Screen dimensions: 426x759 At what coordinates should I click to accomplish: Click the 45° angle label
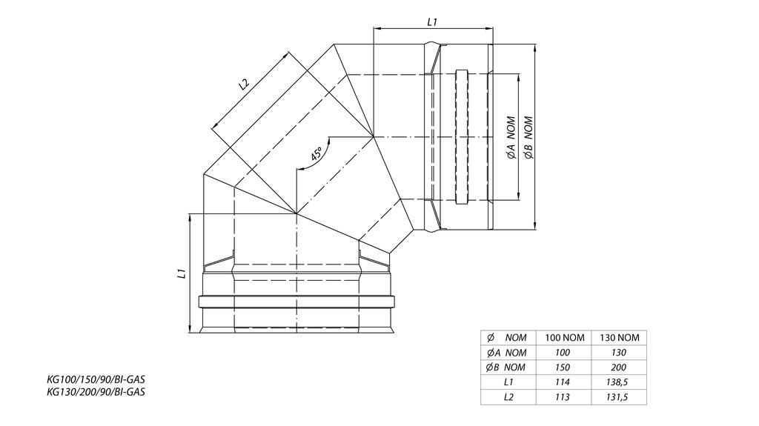(x=316, y=155)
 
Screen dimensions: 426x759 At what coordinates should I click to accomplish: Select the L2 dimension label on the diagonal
(x=244, y=84)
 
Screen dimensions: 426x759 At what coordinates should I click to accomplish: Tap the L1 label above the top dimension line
(x=433, y=22)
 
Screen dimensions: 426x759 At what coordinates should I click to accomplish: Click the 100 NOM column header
(x=565, y=338)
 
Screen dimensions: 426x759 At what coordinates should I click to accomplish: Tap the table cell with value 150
(x=565, y=367)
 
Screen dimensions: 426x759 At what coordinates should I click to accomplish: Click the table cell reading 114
(x=565, y=382)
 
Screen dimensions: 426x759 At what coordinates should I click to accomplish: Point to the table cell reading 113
(x=565, y=397)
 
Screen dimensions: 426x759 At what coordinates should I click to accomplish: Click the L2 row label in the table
(x=508, y=397)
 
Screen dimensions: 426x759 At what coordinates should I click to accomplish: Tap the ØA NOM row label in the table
(x=508, y=353)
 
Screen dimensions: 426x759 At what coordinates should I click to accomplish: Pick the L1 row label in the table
(x=508, y=382)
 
